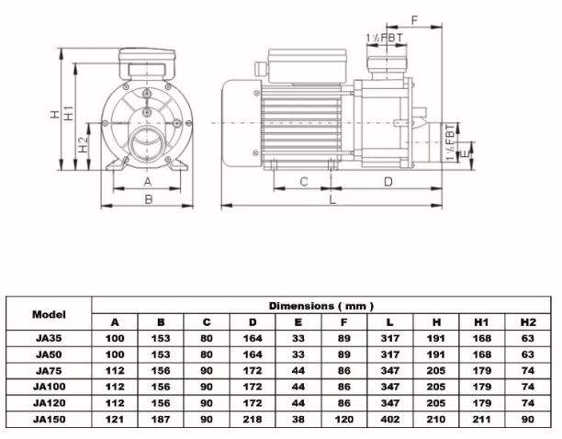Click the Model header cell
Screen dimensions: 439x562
tap(49, 313)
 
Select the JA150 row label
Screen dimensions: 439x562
tap(49, 419)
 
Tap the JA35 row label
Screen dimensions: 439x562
tap(49, 339)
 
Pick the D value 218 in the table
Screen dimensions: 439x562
tap(253, 419)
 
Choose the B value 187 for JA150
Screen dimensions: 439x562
tap(161, 419)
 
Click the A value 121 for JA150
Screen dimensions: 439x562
tap(115, 419)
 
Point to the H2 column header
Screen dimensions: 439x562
tap(527, 322)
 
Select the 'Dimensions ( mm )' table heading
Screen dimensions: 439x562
tap(320, 305)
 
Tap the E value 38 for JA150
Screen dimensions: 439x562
tap(298, 419)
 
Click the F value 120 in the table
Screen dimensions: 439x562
tap(344, 419)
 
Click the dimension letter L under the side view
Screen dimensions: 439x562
tap(332, 197)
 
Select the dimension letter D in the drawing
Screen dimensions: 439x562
tap(388, 181)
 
